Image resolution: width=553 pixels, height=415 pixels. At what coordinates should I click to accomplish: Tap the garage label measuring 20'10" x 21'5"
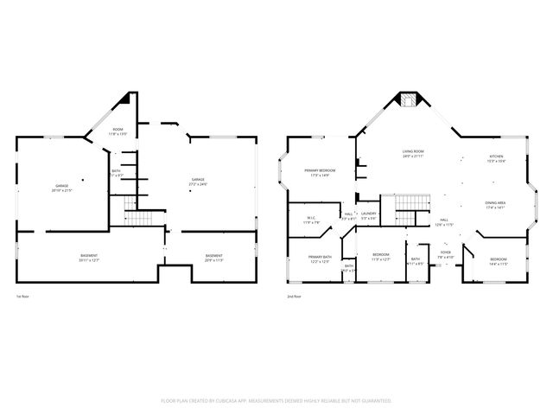(x=62, y=188)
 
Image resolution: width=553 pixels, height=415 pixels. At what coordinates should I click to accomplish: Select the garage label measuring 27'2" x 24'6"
(x=200, y=182)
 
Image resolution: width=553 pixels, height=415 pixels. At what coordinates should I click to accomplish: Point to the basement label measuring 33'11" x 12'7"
(x=89, y=258)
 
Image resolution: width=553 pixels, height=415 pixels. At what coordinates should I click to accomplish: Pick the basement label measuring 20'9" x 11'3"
(x=213, y=258)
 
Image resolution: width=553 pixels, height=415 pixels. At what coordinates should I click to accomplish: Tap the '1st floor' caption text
(x=22, y=297)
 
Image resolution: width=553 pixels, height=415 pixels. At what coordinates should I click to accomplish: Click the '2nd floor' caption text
(x=295, y=297)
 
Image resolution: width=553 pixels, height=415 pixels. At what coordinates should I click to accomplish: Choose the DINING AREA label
(x=495, y=206)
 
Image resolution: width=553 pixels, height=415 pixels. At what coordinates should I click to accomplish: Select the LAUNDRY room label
(x=368, y=215)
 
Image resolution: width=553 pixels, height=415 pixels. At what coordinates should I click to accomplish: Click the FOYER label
(x=446, y=254)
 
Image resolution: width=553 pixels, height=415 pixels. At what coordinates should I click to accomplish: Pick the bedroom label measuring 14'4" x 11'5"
(x=499, y=261)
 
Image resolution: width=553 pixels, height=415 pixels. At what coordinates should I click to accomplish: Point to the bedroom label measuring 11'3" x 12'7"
(x=380, y=257)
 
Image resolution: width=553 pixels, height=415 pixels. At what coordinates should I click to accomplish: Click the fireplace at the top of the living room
(x=406, y=101)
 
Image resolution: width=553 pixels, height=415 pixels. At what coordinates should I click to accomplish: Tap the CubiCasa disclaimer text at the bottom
(x=276, y=401)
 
